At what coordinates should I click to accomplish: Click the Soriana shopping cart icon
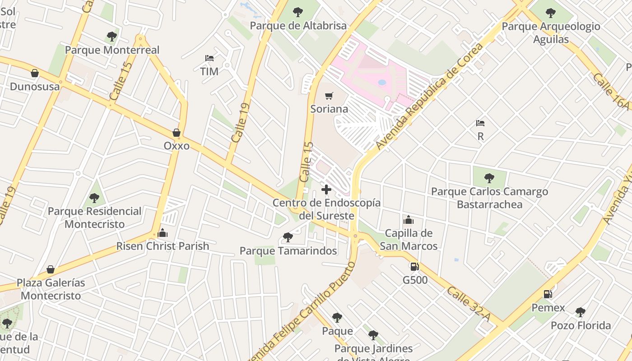[329, 96]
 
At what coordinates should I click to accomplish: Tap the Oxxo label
[177, 146]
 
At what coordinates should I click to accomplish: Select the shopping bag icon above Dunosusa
[35, 73]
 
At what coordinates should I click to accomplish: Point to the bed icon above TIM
[209, 58]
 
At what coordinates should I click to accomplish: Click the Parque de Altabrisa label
[298, 26]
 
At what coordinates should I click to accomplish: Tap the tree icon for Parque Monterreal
[112, 37]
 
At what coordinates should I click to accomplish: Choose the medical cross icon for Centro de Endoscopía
[326, 190]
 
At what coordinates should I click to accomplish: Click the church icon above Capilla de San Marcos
[409, 220]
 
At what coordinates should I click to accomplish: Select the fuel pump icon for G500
[414, 267]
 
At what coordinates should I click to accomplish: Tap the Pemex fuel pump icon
[548, 294]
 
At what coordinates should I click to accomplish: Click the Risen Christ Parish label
[163, 246]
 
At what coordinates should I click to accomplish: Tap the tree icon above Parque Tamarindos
[288, 237]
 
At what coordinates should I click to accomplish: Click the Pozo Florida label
[581, 325]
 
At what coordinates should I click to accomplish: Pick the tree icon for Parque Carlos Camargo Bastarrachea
[489, 178]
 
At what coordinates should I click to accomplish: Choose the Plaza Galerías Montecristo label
[51, 289]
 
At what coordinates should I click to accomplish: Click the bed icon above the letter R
[480, 123]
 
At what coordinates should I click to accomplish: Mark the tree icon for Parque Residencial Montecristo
[94, 198]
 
